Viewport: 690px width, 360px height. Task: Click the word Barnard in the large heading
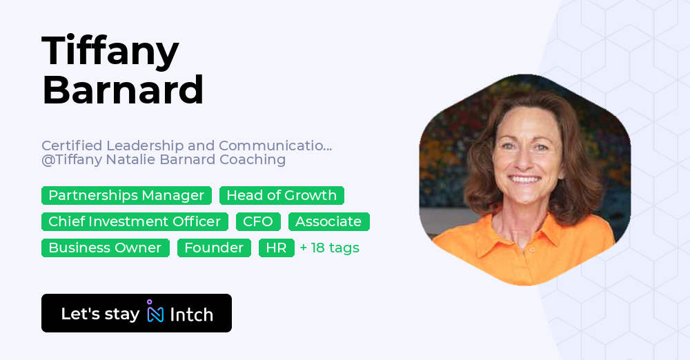(x=123, y=90)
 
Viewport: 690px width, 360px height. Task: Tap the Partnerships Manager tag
(x=126, y=196)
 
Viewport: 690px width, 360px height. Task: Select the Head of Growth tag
(x=282, y=196)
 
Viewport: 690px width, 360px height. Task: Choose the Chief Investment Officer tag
(x=135, y=222)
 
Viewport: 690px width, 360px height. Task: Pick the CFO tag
(x=258, y=222)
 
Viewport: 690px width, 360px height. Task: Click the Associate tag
(x=328, y=222)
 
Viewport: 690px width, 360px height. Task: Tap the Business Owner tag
(x=105, y=248)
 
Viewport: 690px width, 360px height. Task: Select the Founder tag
(x=214, y=248)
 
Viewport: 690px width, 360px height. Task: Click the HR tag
(x=276, y=248)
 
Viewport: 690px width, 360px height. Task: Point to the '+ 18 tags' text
(x=329, y=248)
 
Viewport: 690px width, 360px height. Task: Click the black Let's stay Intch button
(x=136, y=313)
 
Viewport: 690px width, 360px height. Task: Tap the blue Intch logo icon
(x=155, y=313)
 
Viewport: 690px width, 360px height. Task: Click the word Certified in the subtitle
(x=71, y=146)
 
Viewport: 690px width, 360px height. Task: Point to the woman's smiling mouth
(x=524, y=180)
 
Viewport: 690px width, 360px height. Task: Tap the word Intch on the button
(x=191, y=314)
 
